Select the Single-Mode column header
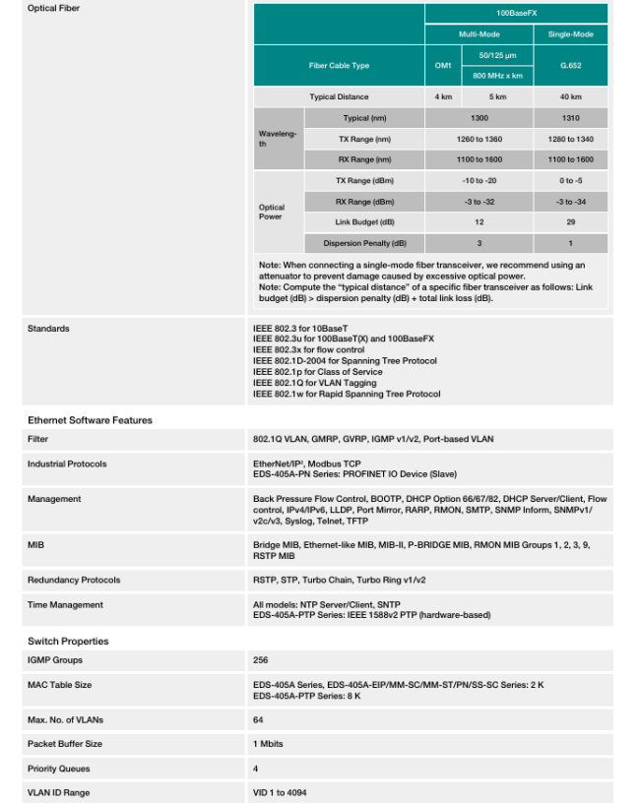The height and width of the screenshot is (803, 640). click(x=570, y=34)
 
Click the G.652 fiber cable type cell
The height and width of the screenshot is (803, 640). click(x=570, y=65)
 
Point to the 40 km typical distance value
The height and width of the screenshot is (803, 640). click(x=570, y=96)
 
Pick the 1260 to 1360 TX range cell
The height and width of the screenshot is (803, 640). click(x=480, y=139)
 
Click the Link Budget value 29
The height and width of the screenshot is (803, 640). click(x=570, y=222)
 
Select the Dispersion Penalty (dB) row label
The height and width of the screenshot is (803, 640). click(x=365, y=243)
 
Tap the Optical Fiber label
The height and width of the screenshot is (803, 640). click(x=54, y=8)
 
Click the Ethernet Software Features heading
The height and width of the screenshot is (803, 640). click(x=90, y=420)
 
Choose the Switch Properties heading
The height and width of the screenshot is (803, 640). click(x=68, y=641)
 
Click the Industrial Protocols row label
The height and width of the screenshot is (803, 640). click(x=67, y=463)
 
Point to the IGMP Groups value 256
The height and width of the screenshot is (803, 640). click(x=260, y=660)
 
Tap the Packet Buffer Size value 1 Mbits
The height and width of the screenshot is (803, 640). click(x=268, y=744)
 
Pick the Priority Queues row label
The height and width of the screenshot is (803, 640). click(x=60, y=769)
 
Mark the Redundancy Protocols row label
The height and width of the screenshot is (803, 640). click(x=74, y=581)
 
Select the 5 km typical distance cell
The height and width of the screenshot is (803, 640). click(x=497, y=96)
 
